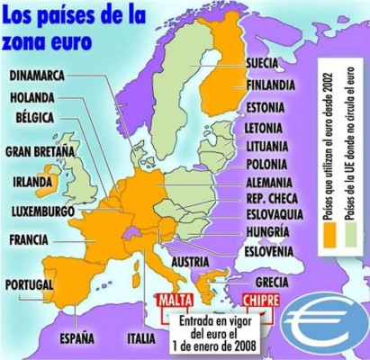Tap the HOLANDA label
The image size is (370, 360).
pos(36,98)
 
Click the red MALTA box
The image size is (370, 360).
pos(177,300)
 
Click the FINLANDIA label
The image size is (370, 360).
pos(274,85)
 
